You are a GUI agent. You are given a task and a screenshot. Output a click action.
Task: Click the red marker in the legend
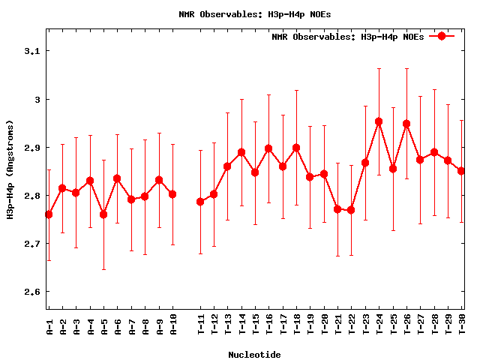click(442, 36)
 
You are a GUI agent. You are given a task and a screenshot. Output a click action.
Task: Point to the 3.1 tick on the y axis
click(32, 51)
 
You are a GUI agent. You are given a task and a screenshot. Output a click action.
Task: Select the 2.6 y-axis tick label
click(32, 292)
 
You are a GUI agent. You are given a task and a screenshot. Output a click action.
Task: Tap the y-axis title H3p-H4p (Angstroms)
click(10, 169)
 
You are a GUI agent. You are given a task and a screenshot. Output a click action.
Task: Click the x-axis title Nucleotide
click(254, 355)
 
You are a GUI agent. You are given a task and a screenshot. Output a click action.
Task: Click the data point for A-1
click(49, 214)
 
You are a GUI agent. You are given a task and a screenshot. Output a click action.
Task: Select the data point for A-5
click(103, 214)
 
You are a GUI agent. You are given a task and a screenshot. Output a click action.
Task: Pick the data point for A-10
click(172, 194)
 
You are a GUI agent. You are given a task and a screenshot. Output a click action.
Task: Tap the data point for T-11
click(200, 202)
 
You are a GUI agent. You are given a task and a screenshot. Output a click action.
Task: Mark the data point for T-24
click(379, 121)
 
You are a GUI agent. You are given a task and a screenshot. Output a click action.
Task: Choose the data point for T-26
click(406, 124)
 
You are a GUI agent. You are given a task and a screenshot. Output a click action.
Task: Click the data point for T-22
click(351, 210)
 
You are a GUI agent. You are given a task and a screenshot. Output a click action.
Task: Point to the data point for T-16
click(268, 148)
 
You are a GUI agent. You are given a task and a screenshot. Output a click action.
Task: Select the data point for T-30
click(461, 171)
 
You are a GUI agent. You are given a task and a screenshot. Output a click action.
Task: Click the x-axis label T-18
click(296, 324)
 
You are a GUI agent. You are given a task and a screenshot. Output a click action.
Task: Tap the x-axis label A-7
click(131, 324)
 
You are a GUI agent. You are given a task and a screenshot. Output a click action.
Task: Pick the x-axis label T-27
click(420, 324)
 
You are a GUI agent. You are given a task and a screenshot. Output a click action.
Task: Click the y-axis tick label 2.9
click(32, 148)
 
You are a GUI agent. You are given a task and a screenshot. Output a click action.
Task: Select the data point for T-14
click(241, 152)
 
